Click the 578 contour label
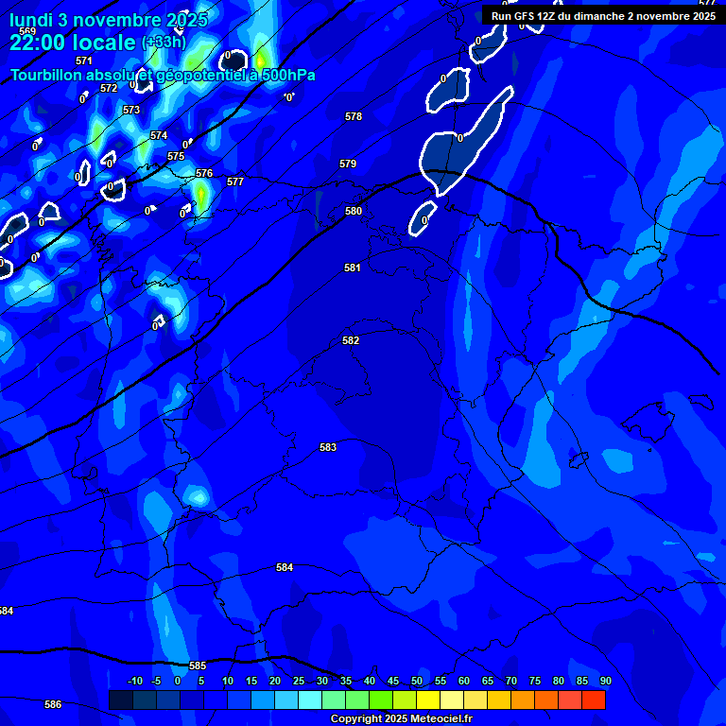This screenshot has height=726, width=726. point(354,116)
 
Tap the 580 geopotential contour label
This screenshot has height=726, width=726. point(354,211)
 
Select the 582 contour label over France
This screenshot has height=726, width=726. point(351,340)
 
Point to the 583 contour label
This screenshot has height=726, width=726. point(328,447)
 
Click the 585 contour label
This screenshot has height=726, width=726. point(198,665)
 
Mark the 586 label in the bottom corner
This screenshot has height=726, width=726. point(53,704)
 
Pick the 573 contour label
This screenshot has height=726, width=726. point(131,110)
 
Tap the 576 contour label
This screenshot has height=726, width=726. point(204,173)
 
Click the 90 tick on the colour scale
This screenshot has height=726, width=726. point(605,681)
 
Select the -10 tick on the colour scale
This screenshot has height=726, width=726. point(135,681)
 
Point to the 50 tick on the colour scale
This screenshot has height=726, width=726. point(416,681)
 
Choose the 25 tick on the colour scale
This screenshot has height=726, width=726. point(298,681)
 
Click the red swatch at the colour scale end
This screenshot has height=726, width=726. point(594,700)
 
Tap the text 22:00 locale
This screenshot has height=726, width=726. point(73,43)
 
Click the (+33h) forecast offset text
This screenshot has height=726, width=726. point(164,43)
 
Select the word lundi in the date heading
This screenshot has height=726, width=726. point(31,19)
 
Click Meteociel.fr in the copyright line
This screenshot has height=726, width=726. point(441,718)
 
